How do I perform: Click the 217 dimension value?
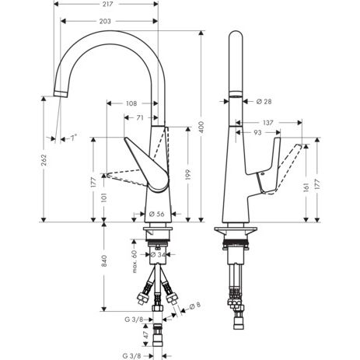coord(107,4)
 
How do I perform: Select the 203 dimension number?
coord(105,21)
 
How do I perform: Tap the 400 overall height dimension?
coord(201,127)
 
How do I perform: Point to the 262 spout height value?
coord(44,160)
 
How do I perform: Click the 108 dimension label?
coord(131,103)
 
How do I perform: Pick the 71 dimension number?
coord(140,118)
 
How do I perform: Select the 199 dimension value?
coord(188,174)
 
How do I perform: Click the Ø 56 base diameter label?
coord(157,214)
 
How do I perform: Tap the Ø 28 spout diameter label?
coord(264,102)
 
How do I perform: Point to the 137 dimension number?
coord(267,122)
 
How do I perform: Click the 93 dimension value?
coord(257,133)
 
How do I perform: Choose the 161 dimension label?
coord(306,187)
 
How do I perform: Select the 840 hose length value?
coord(104,261)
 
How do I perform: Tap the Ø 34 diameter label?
coord(158,255)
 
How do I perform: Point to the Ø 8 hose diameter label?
coord(195,306)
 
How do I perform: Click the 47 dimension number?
coord(146,335)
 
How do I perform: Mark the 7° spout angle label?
coord(73,138)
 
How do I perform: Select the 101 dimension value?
coord(104,197)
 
